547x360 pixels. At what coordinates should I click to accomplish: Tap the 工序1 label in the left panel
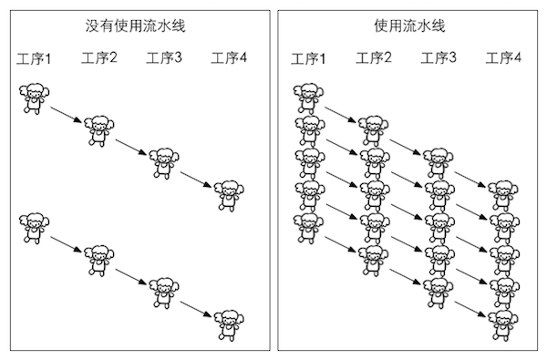[35, 60]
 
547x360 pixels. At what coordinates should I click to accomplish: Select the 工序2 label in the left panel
[99, 59]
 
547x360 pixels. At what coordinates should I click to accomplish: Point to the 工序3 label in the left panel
[164, 59]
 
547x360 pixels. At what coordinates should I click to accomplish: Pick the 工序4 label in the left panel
[229, 59]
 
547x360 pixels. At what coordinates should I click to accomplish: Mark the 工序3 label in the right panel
[439, 59]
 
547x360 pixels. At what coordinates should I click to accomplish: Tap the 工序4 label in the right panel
[503, 59]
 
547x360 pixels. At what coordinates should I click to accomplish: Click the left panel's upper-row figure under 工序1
[35, 98]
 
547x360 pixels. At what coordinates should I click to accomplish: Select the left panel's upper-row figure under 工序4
[229, 193]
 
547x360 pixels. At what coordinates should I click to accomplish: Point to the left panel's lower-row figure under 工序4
[229, 321]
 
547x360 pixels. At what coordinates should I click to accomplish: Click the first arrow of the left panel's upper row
[67, 115]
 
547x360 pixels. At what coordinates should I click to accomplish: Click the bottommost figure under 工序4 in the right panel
[503, 321]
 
